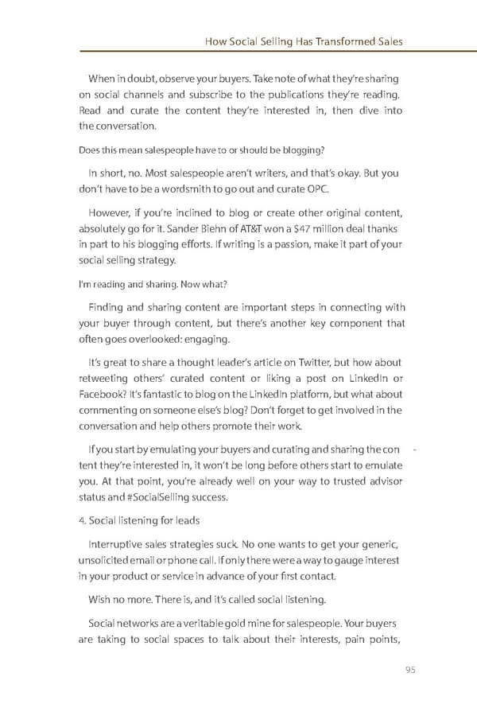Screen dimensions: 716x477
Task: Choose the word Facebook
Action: click(x=103, y=395)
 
